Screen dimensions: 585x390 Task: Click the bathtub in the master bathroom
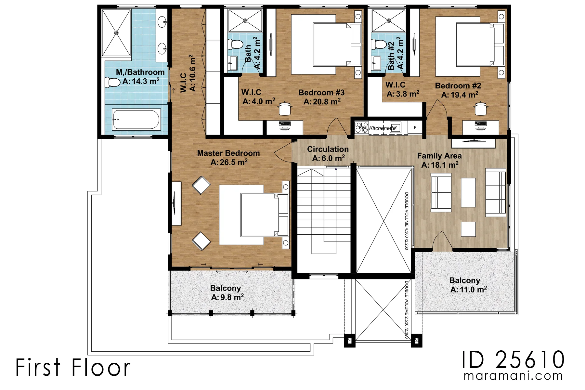click(136, 119)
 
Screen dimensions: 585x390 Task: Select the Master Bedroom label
click(228, 153)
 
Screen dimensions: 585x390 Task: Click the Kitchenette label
click(383, 128)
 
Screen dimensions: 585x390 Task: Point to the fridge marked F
click(415, 128)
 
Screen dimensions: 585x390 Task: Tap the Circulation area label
click(328, 149)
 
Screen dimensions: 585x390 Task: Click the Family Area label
click(439, 156)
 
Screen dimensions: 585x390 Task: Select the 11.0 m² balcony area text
click(469, 289)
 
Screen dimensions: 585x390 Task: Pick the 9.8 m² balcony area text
click(227, 297)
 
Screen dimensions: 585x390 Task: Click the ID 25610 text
click(513, 359)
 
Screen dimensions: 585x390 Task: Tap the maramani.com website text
click(513, 376)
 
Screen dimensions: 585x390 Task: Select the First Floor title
click(73, 367)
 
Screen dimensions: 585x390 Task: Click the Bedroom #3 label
click(321, 93)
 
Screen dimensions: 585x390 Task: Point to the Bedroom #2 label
click(458, 86)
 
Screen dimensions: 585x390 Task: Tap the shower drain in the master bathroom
click(116, 33)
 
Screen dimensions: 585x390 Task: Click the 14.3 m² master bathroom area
click(141, 81)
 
